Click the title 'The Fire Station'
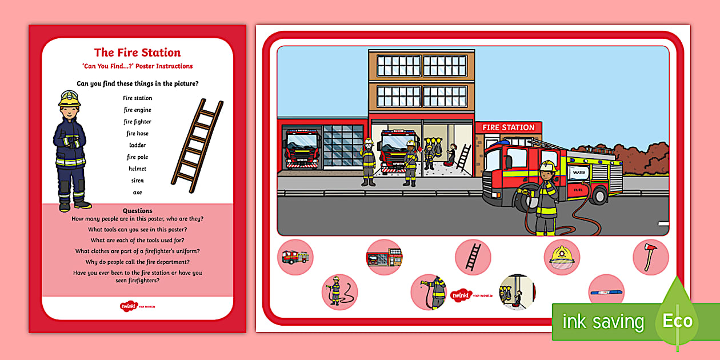[x=137, y=53]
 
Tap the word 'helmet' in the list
[x=137, y=169]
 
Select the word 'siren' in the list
[x=137, y=181]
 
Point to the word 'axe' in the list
[x=137, y=193]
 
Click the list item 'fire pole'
[x=137, y=157]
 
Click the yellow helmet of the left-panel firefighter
[x=69, y=98]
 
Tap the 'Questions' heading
[x=137, y=211]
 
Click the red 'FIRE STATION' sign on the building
[x=508, y=127]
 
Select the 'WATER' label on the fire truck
[x=579, y=172]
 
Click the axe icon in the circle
[x=650, y=257]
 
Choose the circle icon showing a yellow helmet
[x=562, y=257]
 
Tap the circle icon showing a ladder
[x=473, y=257]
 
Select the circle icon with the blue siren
[x=606, y=291]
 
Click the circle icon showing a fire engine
[x=295, y=257]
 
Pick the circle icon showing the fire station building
[x=384, y=257]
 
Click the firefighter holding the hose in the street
[x=546, y=197]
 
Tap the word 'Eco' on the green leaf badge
[x=677, y=321]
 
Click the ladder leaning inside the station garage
[x=463, y=157]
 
